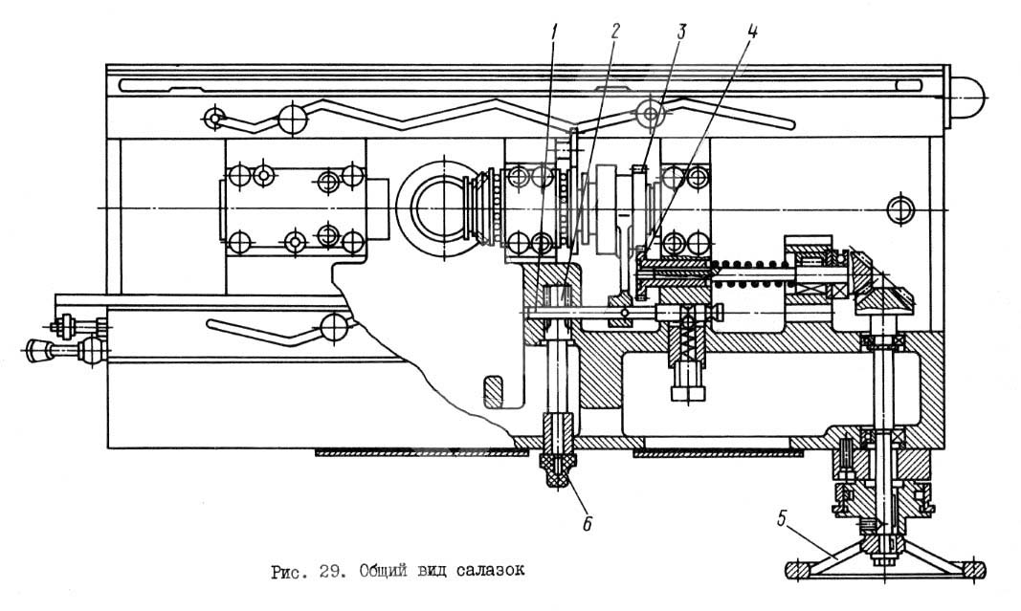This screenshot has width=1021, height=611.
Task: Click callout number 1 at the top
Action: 555,32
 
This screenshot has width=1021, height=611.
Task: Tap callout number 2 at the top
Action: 615,32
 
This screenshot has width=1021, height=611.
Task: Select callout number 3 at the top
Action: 680,32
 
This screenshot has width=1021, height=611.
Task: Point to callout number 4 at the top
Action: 752,32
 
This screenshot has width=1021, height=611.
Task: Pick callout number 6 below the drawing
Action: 588,523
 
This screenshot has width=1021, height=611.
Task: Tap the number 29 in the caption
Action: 329,571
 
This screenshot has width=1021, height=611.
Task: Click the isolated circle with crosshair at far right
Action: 900,209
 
